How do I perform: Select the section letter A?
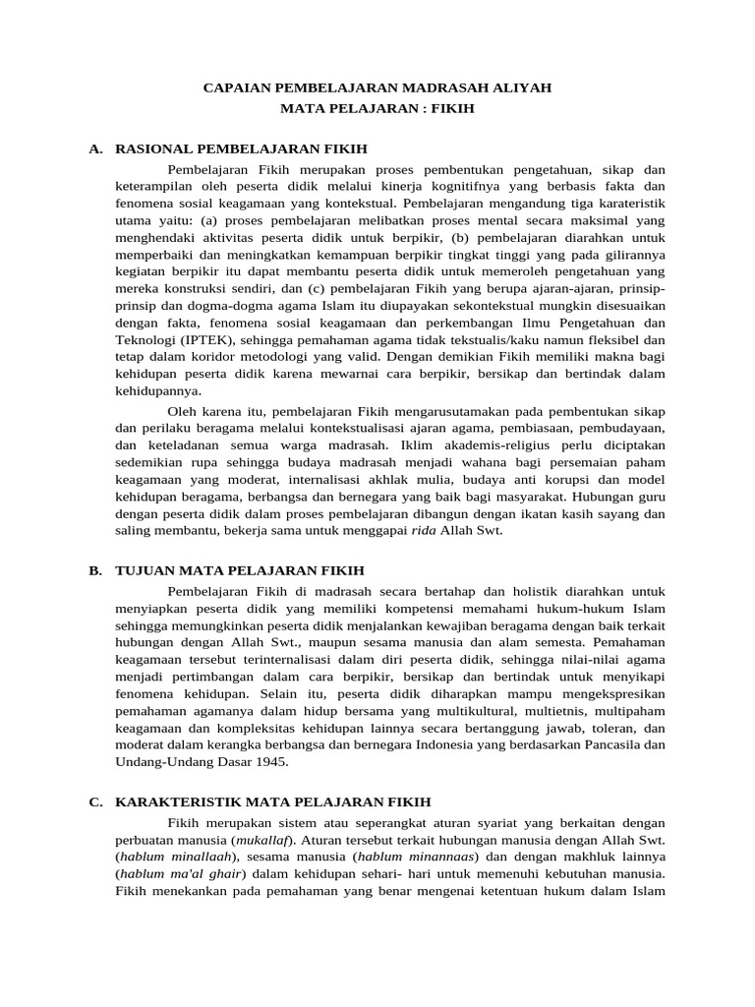[94, 148]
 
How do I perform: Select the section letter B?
[94, 569]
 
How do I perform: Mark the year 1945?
[271, 761]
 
